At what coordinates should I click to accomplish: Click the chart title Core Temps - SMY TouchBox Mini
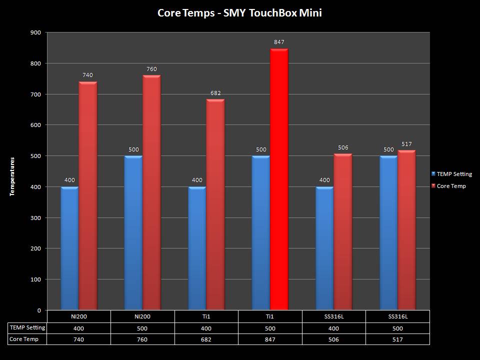tap(239, 13)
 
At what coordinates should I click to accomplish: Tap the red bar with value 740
tap(87, 195)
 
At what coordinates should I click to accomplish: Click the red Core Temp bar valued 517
tap(406, 229)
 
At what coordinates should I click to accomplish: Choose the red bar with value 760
tap(151, 192)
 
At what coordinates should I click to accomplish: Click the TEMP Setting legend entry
tap(454, 174)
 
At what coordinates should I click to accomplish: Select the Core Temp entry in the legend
tap(451, 186)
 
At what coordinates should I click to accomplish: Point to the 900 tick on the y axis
tap(36, 32)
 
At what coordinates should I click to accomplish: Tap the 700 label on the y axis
tap(36, 94)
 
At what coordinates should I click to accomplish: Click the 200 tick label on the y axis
tap(36, 248)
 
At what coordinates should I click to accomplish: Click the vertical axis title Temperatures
tap(12, 176)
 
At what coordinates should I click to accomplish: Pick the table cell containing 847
tap(270, 339)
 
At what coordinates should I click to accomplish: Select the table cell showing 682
tap(206, 339)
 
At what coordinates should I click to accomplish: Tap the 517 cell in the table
tap(397, 339)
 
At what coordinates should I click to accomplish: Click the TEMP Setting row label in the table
tap(27, 328)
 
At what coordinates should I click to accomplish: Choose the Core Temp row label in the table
tap(24, 339)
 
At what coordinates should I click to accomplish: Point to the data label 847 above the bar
tap(279, 42)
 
